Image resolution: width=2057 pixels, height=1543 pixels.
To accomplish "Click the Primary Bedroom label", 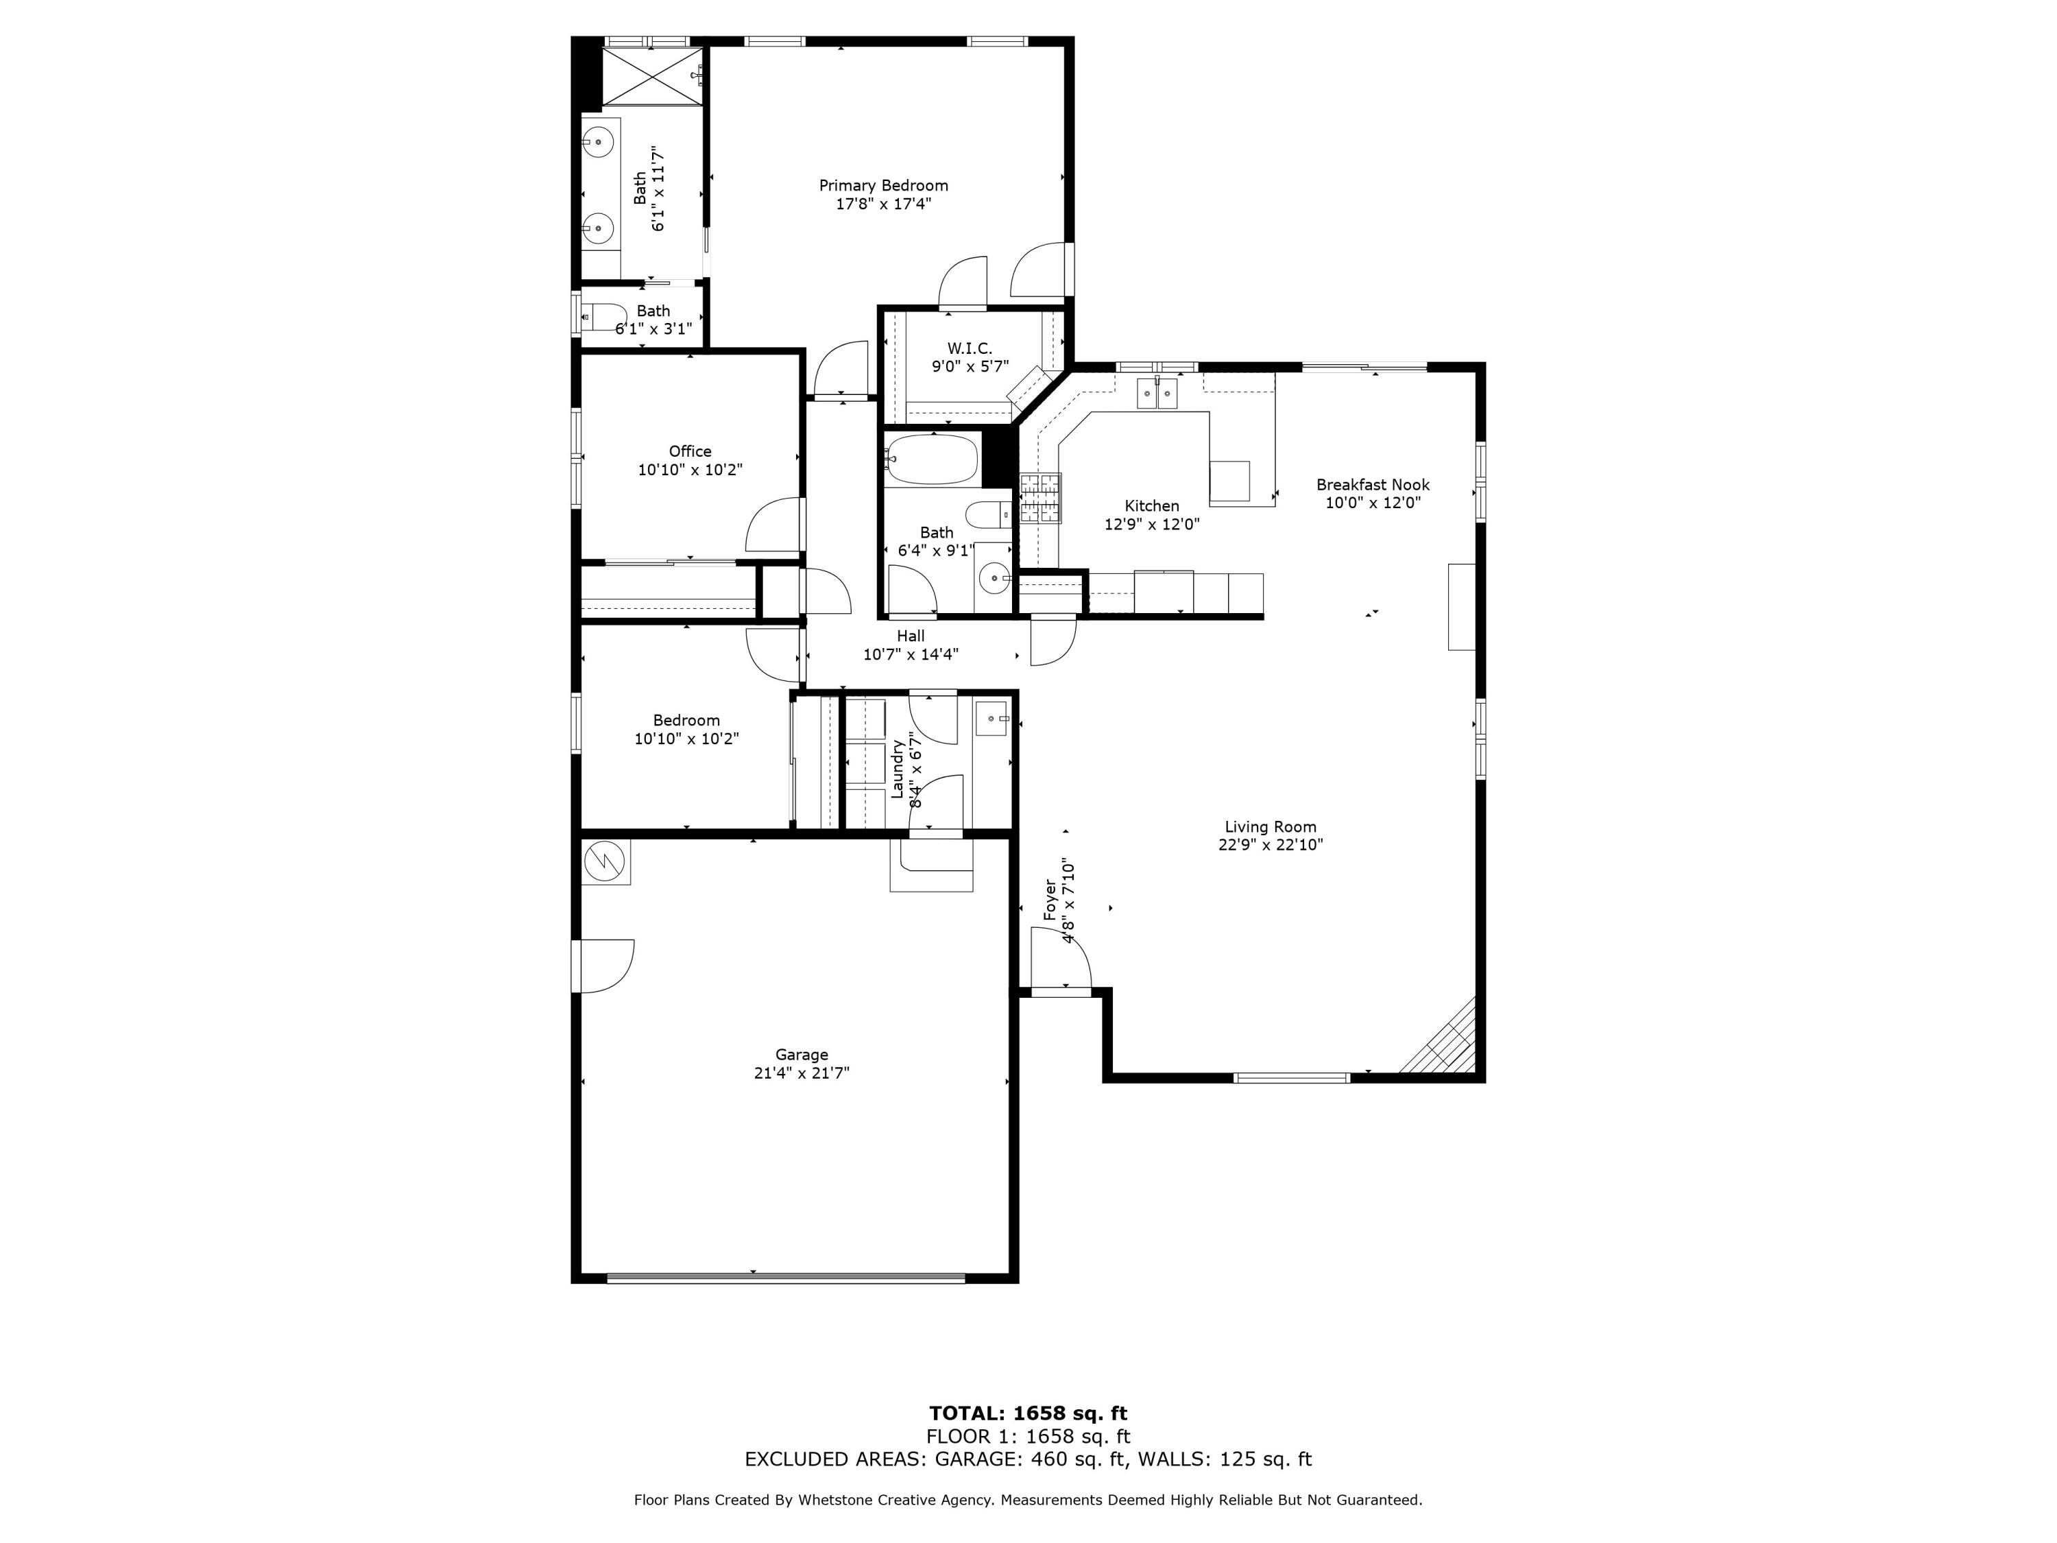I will point(883,185).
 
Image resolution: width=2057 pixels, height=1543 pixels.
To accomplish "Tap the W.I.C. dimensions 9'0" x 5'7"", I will point(970,366).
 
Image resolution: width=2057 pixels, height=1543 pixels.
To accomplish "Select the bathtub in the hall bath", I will point(932,459).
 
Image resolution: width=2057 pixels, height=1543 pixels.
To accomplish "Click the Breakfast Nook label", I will point(1373,485).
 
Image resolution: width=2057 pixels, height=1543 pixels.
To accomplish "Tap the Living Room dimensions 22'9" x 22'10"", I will point(1271,844).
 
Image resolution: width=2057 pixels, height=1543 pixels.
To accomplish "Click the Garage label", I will point(802,1055).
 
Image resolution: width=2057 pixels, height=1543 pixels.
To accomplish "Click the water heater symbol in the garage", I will point(605,861).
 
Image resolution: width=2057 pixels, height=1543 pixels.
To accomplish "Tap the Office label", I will point(690,451).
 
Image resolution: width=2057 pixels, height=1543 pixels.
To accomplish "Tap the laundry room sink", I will point(992,719).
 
